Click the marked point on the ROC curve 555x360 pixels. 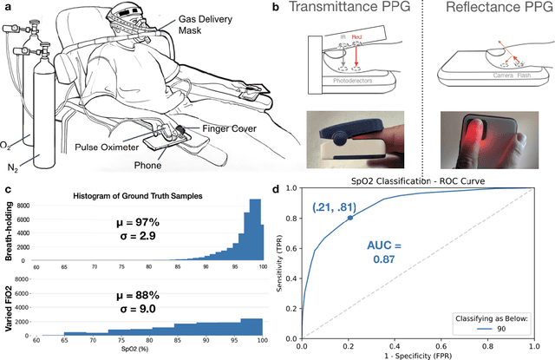click(x=349, y=218)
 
